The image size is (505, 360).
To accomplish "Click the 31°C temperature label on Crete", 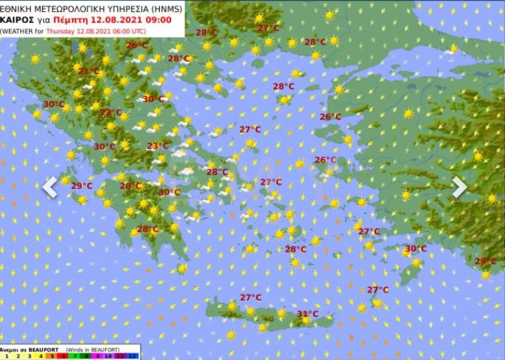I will [308, 313].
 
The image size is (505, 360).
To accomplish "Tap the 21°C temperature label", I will [88, 71].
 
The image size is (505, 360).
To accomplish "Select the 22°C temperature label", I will [111, 113].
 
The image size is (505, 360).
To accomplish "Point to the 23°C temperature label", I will [157, 146].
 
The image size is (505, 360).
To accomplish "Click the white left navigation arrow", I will [50, 187].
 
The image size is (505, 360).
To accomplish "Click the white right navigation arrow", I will [459, 187].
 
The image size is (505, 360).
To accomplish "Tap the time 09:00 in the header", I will [159, 19].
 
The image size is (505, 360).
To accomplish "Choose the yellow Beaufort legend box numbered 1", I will [7, 355].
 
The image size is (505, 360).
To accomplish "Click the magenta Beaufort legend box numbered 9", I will [98, 355].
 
